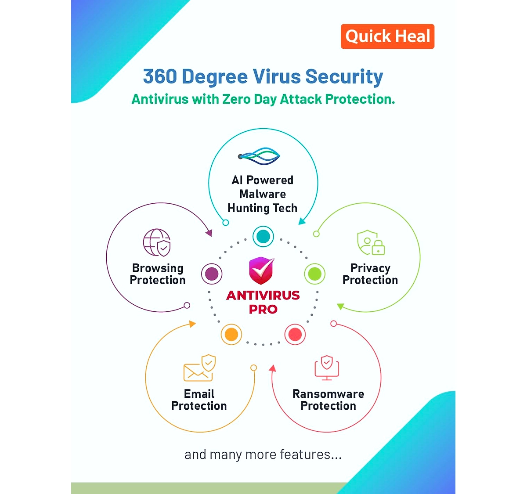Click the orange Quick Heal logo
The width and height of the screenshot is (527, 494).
click(x=387, y=36)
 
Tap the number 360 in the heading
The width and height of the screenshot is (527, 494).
click(x=160, y=76)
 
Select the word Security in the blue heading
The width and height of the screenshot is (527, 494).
click(x=344, y=77)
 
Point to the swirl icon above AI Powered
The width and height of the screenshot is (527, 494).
click(x=259, y=156)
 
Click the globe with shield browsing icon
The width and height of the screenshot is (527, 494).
click(x=157, y=242)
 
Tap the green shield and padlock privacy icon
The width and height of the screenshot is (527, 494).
click(x=371, y=242)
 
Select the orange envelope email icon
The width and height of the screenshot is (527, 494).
click(x=199, y=368)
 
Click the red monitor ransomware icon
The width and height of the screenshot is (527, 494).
click(x=327, y=368)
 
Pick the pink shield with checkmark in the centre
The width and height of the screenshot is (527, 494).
click(x=262, y=270)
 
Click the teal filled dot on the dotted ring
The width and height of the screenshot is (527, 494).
click(x=263, y=236)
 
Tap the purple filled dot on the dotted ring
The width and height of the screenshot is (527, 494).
click(x=212, y=274)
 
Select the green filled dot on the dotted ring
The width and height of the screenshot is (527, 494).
click(x=314, y=274)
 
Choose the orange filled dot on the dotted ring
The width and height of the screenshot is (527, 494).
click(x=231, y=334)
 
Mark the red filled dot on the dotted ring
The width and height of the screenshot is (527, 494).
click(x=295, y=334)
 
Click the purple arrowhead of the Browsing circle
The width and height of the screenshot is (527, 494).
click(x=209, y=233)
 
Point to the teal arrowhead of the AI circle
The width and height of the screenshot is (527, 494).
click(x=302, y=221)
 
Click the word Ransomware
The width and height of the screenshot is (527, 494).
click(x=328, y=393)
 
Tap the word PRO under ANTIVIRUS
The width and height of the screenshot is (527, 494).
click(x=263, y=309)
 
